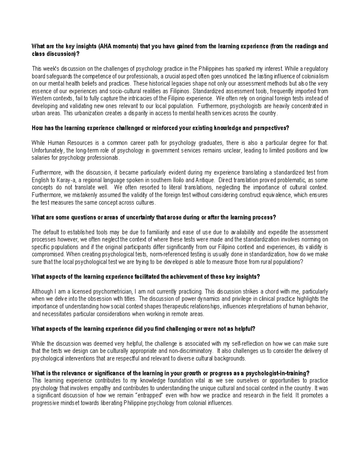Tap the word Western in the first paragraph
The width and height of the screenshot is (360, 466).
pos(41,98)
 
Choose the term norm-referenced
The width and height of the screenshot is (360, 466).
pos(176,254)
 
